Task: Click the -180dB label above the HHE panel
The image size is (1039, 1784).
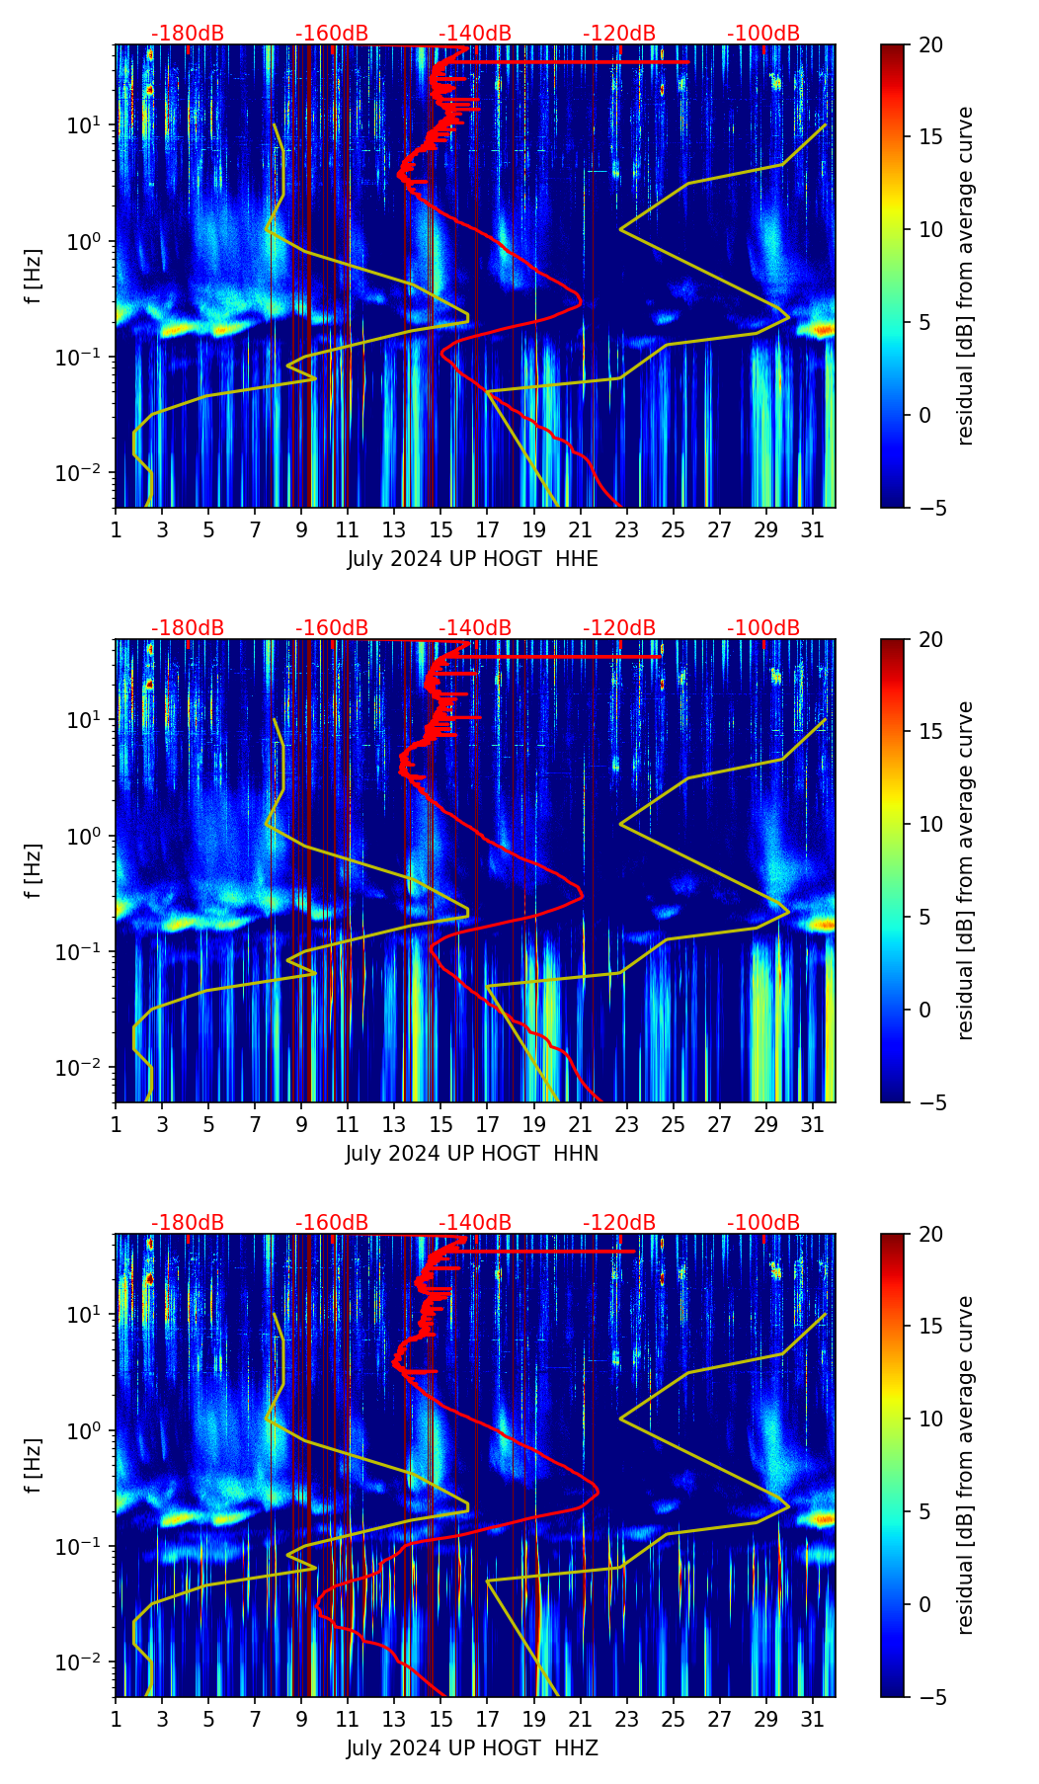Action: click(x=188, y=34)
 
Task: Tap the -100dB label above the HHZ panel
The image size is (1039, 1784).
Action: click(x=763, y=1223)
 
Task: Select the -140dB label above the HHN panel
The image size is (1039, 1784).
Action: click(x=475, y=628)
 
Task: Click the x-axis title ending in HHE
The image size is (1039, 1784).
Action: click(x=472, y=559)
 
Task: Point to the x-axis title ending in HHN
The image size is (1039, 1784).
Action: click(x=472, y=1154)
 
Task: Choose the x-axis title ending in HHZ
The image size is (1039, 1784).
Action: click(x=472, y=1748)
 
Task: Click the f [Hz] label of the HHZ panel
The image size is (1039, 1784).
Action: click(x=33, y=1466)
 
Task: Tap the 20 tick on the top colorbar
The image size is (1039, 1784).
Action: click(x=930, y=45)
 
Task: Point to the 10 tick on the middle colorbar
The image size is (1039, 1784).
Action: click(x=930, y=824)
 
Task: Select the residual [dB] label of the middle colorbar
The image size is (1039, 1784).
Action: click(x=966, y=870)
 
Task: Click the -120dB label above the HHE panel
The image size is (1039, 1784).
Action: click(x=619, y=34)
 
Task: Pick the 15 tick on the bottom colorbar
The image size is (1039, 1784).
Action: click(x=930, y=1327)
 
